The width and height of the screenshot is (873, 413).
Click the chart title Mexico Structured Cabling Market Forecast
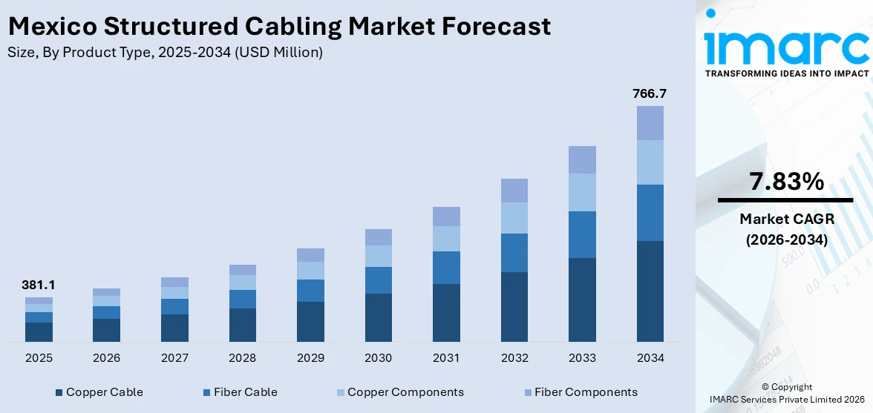tap(279, 27)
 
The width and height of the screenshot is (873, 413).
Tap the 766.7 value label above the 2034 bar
tap(650, 93)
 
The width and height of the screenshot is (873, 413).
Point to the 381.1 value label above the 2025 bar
tap(39, 285)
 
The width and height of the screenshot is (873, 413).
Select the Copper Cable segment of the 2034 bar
tap(650, 291)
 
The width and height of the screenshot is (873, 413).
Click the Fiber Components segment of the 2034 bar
tap(650, 123)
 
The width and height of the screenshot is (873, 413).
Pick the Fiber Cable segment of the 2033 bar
tap(582, 234)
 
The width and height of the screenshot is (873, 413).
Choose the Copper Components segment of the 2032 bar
tap(514, 218)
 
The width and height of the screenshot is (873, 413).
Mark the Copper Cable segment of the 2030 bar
tap(378, 317)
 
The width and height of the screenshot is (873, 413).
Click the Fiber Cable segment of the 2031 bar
tap(446, 268)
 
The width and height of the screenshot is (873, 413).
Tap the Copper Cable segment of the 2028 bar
tap(242, 325)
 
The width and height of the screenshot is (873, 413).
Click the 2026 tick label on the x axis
tap(107, 358)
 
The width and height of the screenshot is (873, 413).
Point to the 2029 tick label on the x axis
tap(310, 358)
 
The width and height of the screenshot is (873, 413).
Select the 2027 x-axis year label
tap(174, 358)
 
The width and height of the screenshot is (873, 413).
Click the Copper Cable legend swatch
tap(59, 392)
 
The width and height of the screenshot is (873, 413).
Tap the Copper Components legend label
tap(405, 392)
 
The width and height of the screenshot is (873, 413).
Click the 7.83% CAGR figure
tap(785, 182)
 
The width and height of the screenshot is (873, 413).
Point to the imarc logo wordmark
tap(786, 46)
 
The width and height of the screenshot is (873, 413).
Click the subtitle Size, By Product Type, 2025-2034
tap(165, 53)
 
